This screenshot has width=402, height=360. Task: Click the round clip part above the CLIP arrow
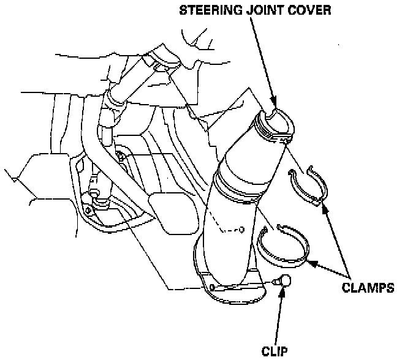click(x=283, y=282)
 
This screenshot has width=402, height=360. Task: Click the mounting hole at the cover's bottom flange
click(x=211, y=286)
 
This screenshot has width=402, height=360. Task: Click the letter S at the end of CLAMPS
click(x=390, y=287)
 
